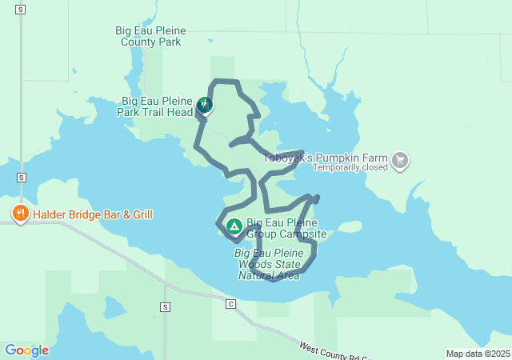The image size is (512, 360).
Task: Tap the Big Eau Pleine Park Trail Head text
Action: (157, 106)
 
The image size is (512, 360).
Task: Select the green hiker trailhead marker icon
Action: (205, 104)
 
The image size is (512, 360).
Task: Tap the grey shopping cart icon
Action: (400, 162)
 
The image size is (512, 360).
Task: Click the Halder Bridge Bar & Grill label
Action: (92, 214)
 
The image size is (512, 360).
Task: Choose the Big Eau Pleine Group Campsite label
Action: (286, 228)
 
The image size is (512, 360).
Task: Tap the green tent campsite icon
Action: (234, 227)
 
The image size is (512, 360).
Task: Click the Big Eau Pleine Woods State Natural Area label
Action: (269, 264)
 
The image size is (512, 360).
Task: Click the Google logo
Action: (26, 350)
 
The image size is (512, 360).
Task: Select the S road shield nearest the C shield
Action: (165, 306)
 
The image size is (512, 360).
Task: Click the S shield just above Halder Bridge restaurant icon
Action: (21, 177)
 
